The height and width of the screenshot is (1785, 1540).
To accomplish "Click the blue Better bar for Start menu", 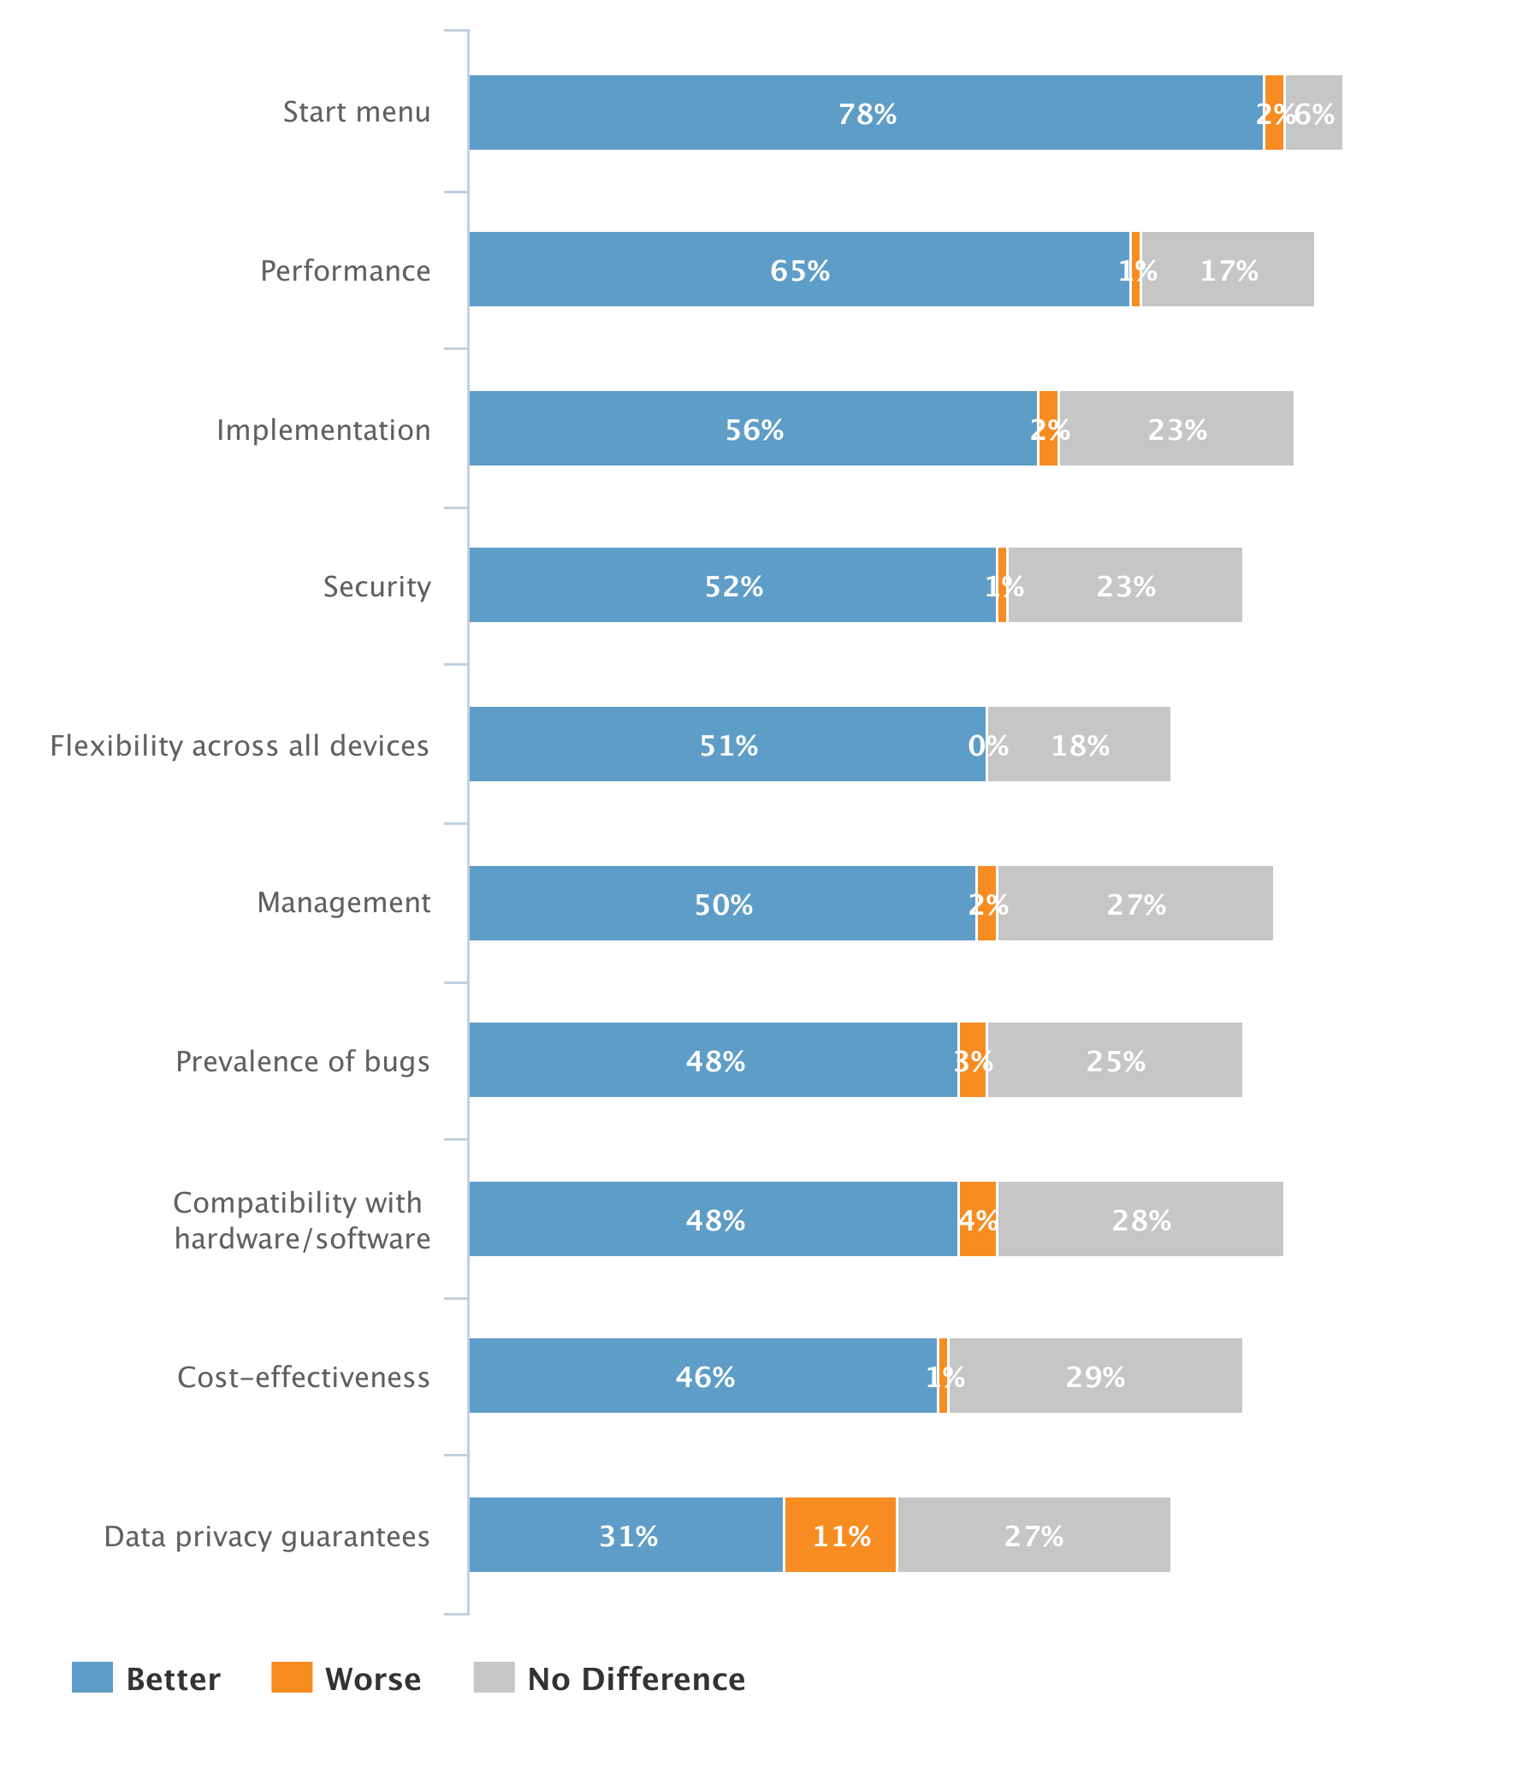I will tap(866, 113).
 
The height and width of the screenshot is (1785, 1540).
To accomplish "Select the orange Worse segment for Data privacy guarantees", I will tap(840, 1534).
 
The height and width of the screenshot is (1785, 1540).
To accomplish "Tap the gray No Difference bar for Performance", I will tap(1228, 270).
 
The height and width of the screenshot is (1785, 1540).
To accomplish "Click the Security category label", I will tap(376, 587).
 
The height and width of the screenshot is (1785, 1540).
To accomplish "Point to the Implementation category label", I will tap(323, 430).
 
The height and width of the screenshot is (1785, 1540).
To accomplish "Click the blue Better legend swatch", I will tap(92, 1677).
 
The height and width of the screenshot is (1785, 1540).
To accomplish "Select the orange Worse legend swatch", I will tap(291, 1677).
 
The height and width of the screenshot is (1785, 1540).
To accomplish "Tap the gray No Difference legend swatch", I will tap(494, 1677).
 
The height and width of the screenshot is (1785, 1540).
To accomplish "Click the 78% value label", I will tap(868, 114).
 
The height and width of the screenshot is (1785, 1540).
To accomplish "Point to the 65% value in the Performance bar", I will tap(799, 270).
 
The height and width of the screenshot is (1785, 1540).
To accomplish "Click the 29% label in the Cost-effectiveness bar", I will tap(1095, 1378).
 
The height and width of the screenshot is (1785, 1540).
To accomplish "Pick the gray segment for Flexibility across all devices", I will tap(1078, 744).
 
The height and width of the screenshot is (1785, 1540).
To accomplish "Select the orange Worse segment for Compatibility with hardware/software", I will tap(978, 1219).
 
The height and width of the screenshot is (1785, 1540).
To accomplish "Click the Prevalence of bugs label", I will tap(302, 1061).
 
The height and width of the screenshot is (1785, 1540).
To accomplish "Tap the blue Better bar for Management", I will tap(722, 903).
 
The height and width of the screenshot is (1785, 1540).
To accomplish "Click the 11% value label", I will tap(842, 1536).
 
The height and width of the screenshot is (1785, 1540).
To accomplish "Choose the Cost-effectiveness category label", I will tap(303, 1377).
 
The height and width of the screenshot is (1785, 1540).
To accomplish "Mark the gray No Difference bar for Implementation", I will tap(1176, 428).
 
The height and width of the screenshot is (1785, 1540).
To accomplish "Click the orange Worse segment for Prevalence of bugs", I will tap(973, 1059).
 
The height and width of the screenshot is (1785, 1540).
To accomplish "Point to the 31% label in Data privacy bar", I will tap(628, 1536).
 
